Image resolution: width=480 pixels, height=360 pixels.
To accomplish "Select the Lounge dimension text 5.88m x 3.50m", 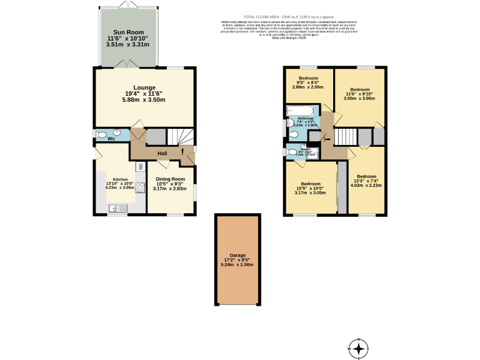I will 144,100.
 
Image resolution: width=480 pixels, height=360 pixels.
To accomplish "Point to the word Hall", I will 162,153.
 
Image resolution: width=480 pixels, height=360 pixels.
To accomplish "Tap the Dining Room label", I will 170,179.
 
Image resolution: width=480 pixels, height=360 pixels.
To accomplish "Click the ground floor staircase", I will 182,136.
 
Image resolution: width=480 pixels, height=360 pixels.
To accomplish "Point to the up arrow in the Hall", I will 182,151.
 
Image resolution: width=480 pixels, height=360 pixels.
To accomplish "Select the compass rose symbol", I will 359,348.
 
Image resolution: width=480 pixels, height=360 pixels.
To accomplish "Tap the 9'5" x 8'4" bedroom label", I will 308,78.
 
